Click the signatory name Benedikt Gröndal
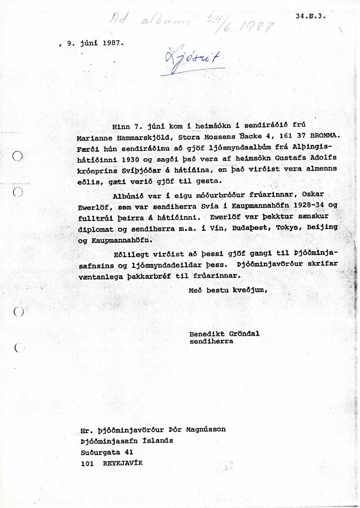click(225, 333)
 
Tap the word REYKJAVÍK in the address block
click(123, 463)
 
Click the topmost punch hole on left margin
click(18, 156)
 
